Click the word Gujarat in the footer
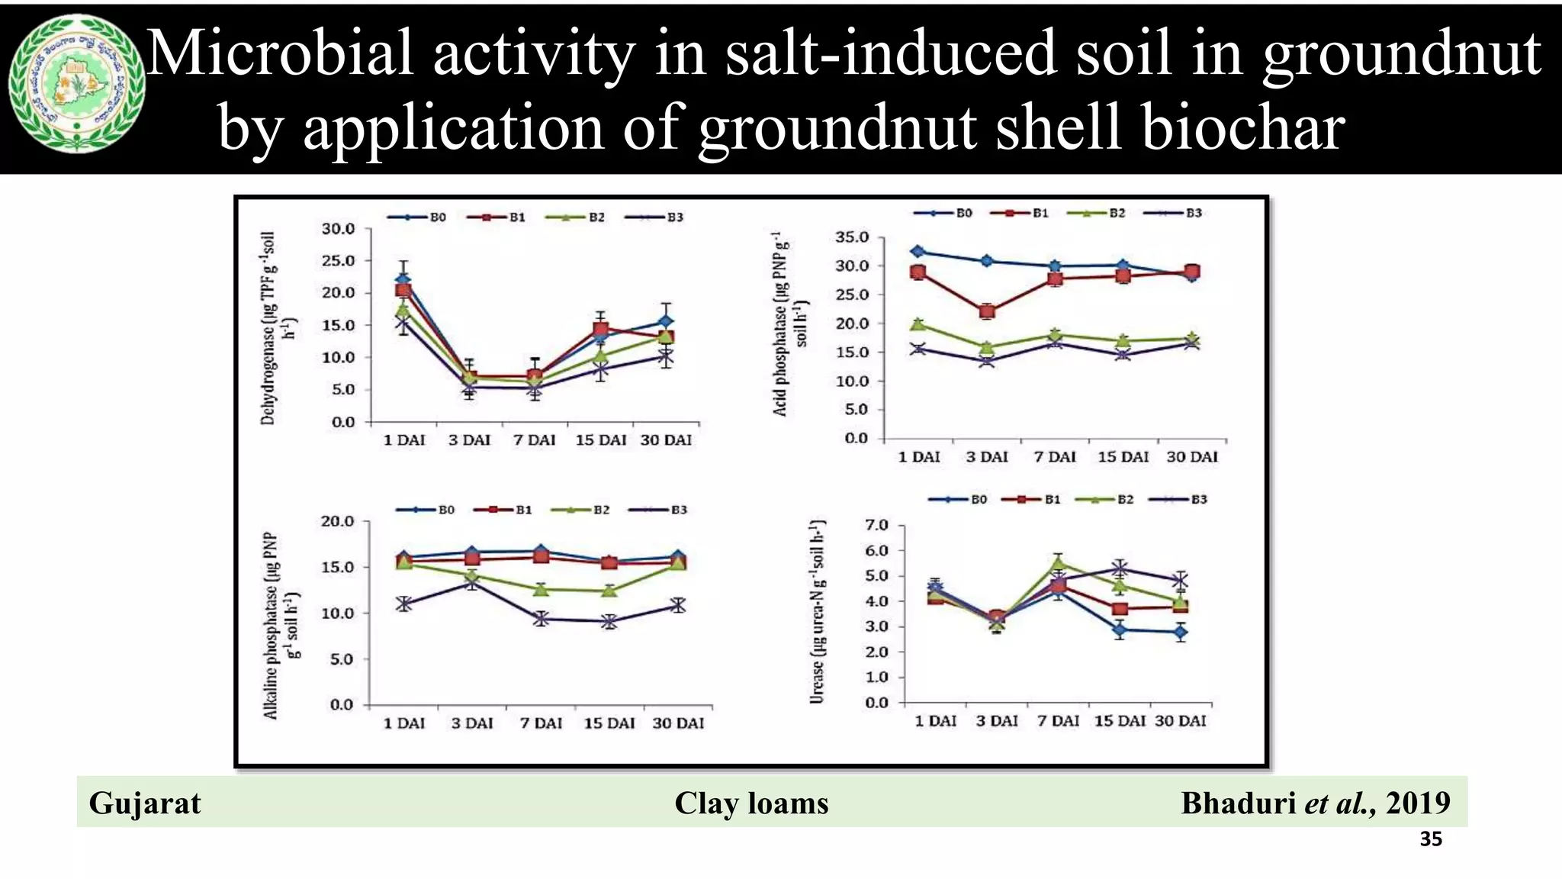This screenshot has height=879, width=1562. coord(145,803)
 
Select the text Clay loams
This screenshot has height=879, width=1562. coord(751,803)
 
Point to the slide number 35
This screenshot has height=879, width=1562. coord(1431,839)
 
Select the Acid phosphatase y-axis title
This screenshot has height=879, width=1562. coord(789,324)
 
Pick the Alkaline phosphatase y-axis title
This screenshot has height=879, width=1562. coord(281,625)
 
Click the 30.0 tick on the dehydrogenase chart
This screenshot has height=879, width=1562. coord(338,229)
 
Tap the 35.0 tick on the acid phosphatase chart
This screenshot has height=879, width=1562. coord(852,237)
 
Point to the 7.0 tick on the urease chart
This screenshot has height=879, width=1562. coord(876,525)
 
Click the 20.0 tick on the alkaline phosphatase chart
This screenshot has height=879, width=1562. coord(337,522)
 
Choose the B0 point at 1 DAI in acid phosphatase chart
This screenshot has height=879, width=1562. coord(918,251)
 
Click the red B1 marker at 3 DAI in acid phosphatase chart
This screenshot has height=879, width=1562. coord(987,311)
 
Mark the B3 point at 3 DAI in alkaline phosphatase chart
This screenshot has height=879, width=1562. coord(473,582)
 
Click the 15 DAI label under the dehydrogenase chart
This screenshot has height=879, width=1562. coord(600,440)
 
